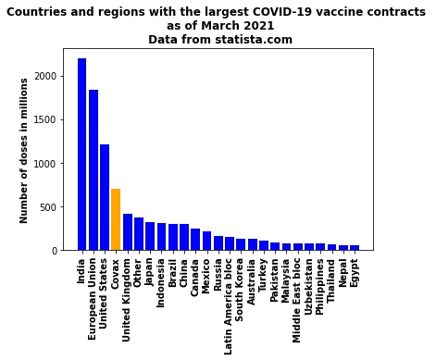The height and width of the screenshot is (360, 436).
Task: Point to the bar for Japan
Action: coord(150,236)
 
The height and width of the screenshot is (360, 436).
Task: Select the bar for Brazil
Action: coord(172,237)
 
